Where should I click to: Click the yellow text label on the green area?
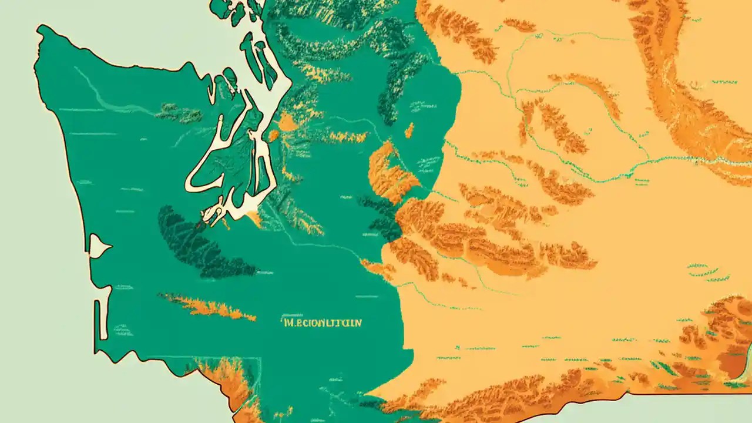tap(322, 323)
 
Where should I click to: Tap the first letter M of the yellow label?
tap(286, 323)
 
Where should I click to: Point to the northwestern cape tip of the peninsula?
tap(40, 29)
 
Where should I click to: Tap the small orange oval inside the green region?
tap(409, 130)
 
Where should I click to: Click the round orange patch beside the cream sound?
tap(287, 122)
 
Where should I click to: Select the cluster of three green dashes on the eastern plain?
tap(705, 271)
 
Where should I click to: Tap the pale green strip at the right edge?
tap(747, 358)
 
